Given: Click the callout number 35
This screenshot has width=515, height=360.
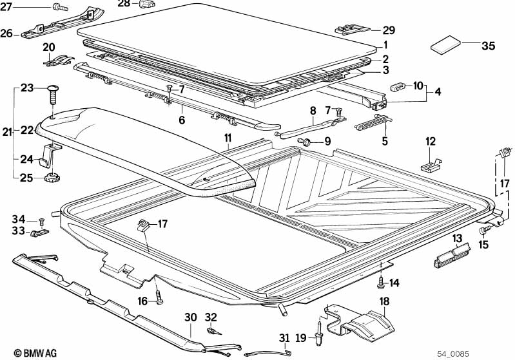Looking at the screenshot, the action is coord(488,46).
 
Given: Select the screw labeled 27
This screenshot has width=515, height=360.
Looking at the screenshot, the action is coord(60,6).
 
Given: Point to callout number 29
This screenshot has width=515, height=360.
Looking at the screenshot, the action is coord(389,30).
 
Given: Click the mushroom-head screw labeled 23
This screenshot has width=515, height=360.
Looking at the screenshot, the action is coord(52,93).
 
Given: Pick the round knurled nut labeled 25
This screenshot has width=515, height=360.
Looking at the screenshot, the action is coord(52,178).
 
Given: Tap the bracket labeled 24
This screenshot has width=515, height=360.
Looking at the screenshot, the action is coord(50,155).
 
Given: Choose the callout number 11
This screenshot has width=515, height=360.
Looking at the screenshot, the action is coord(228,138).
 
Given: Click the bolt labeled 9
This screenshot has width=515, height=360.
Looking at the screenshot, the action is coord(305,142).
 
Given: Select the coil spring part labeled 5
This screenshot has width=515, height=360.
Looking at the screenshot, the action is coord(374,122).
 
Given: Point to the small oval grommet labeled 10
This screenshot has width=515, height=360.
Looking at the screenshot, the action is coord(398,88).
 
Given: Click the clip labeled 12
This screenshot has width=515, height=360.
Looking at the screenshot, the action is coord(431,164).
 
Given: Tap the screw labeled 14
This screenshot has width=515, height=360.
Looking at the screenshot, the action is coord(381,282).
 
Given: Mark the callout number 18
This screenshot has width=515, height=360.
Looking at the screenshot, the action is coord(384,301).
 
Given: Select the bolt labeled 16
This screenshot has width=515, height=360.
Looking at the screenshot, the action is coord(159,297).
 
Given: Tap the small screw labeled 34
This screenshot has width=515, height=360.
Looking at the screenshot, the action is coord(41,222).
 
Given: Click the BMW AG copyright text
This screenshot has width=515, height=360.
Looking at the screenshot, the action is coord(35,353).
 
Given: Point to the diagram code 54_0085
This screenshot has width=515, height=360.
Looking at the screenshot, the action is coord(452,354).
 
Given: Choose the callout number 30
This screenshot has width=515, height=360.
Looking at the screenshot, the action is coord(191,317).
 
